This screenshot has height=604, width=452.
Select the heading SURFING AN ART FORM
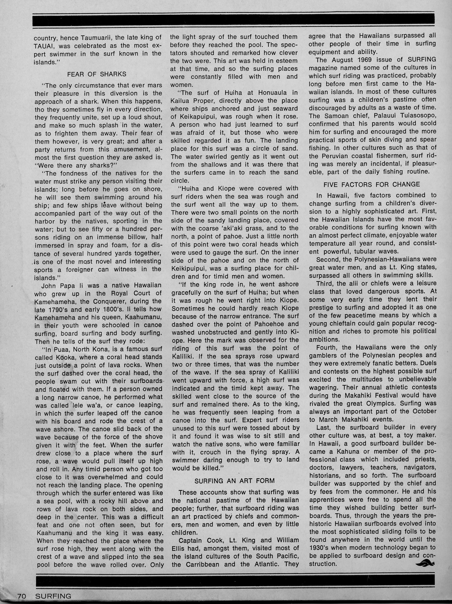pyautogui.click(x=234, y=481)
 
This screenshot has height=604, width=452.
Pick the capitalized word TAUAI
pyautogui.click(x=44, y=46)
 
